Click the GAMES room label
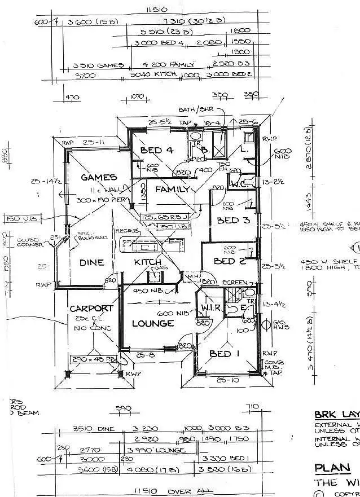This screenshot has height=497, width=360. [99, 177]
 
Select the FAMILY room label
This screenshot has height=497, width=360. [172, 190]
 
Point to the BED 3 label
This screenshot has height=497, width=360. [234, 220]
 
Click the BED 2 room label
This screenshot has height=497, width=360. [229, 261]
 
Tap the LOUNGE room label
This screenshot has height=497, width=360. [152, 324]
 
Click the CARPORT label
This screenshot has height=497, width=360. [91, 309]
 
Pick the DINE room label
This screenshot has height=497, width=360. [91, 262]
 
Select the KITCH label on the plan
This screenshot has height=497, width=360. [148, 262]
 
